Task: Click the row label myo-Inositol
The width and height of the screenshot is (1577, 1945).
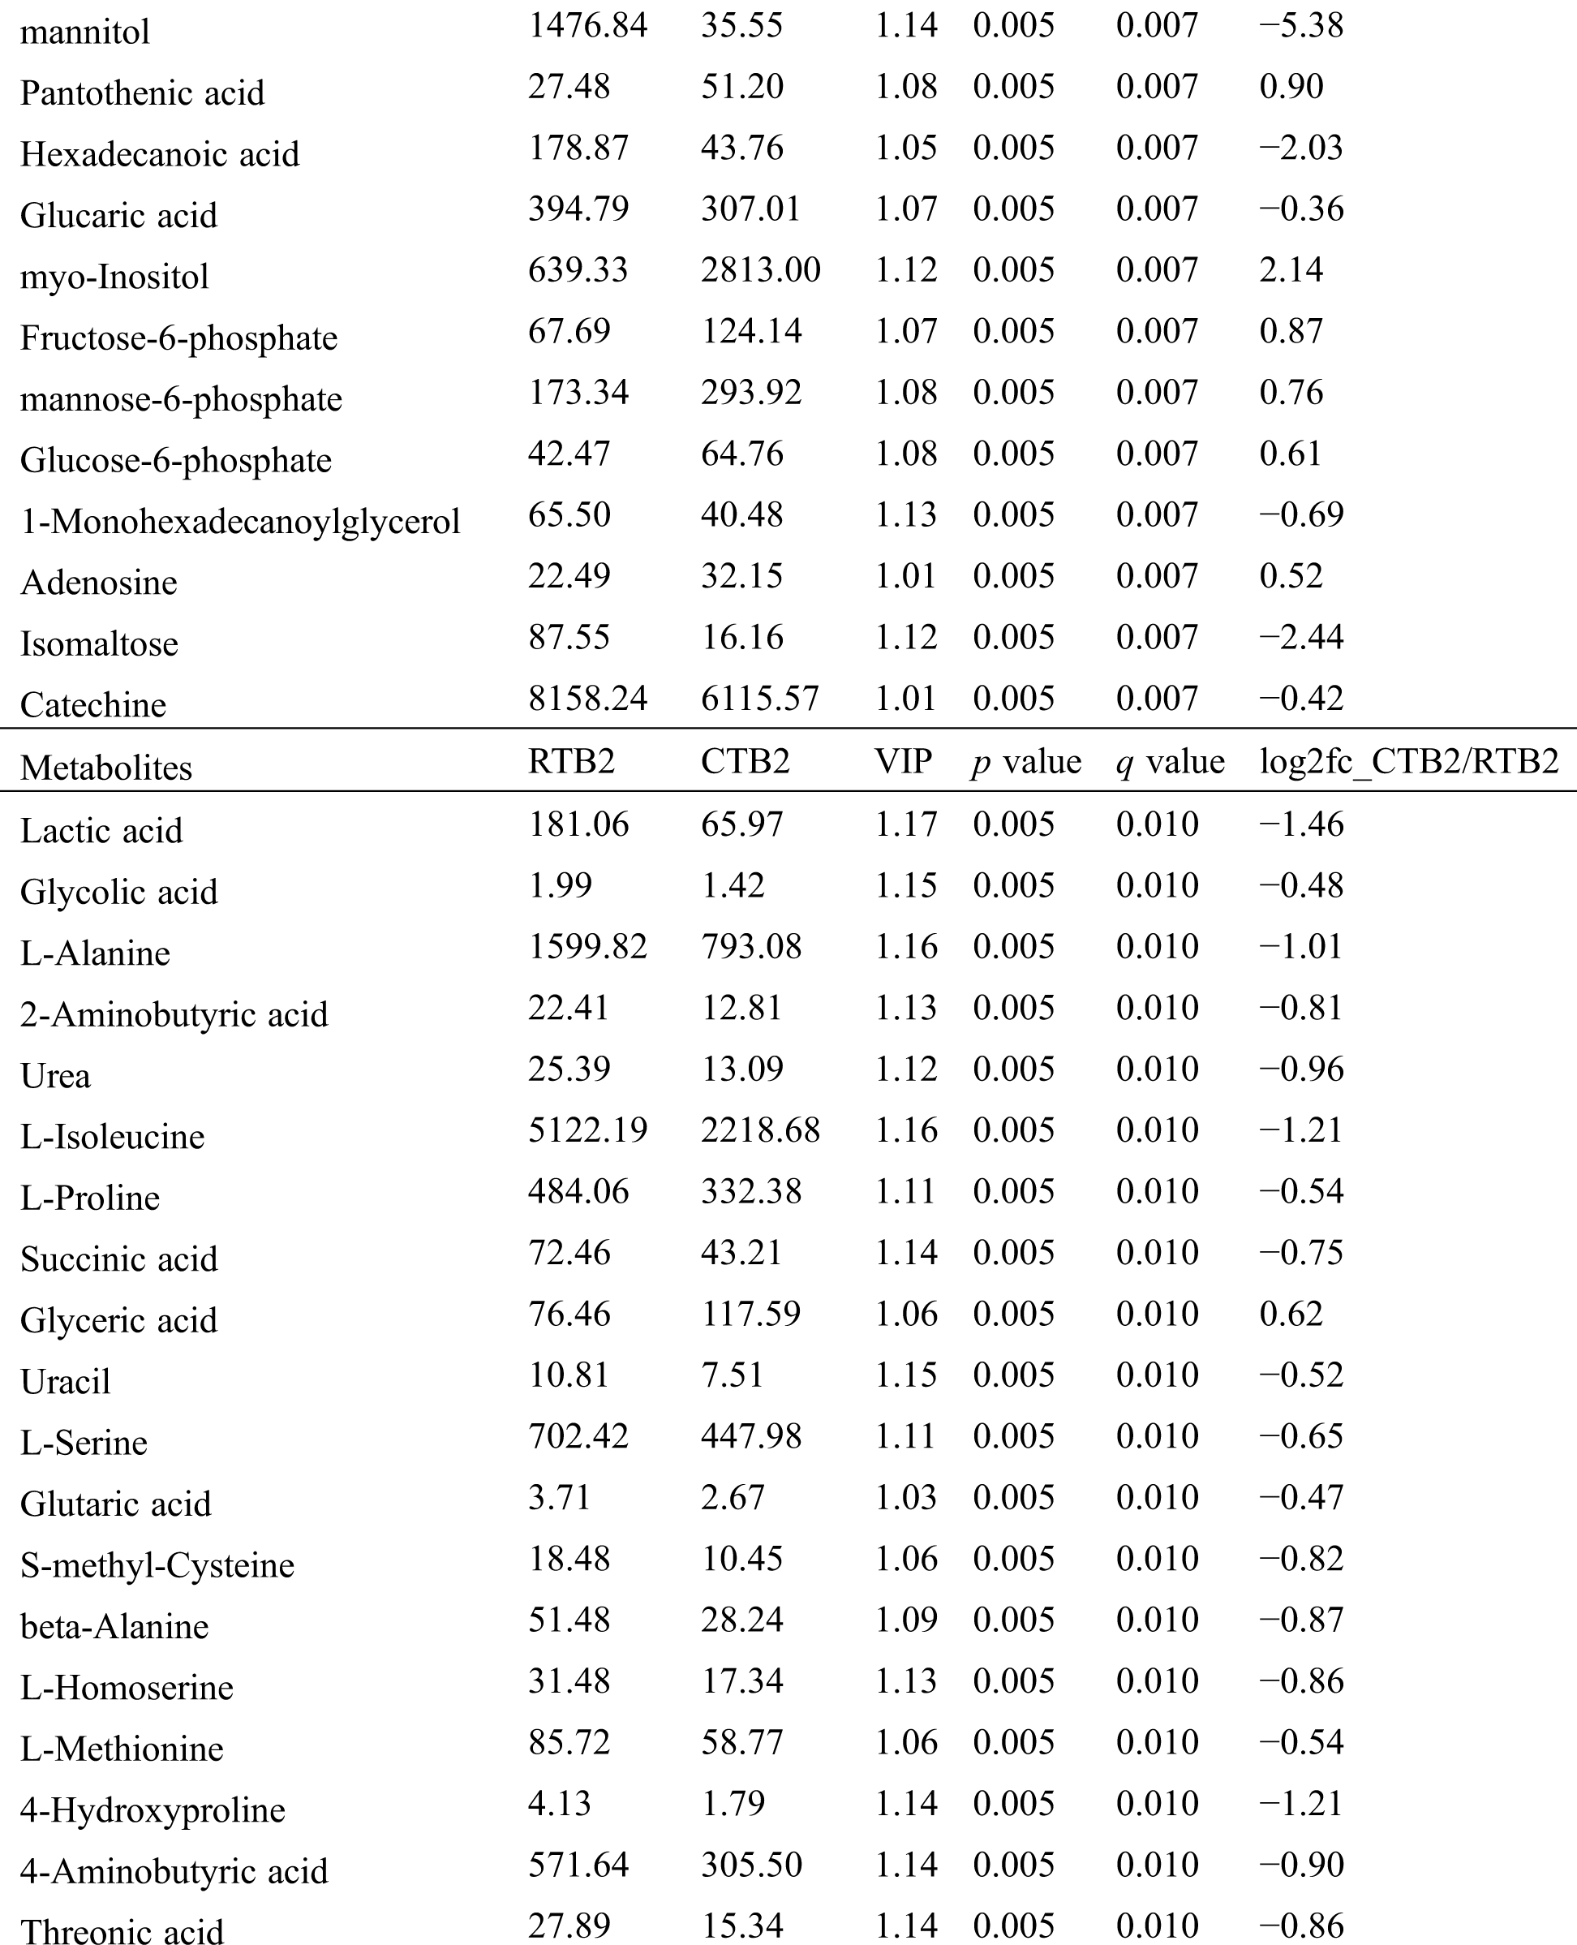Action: point(114,276)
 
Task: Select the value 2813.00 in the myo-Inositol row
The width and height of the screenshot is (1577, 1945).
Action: point(760,270)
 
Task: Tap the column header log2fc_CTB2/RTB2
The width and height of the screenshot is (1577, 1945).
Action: point(1408,761)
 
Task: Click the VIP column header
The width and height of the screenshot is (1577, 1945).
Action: point(903,761)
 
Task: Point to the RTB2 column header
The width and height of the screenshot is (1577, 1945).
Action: point(571,761)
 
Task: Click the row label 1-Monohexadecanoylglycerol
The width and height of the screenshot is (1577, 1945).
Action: point(240,522)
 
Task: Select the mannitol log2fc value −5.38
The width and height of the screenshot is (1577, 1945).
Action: point(1301,25)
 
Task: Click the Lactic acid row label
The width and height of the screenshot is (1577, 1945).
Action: point(101,830)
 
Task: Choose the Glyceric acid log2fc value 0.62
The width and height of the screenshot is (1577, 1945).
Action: point(1291,1314)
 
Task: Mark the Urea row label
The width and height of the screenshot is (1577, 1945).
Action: point(55,1076)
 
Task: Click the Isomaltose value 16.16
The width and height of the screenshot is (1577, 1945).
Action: point(741,637)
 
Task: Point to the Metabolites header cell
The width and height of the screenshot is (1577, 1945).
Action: point(106,768)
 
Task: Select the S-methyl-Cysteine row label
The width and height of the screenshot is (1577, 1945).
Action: point(157,1565)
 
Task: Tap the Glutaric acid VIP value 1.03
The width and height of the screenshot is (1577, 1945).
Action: point(905,1497)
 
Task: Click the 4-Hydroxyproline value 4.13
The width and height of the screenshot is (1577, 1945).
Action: point(559,1803)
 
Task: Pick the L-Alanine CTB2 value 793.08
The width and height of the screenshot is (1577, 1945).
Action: point(750,947)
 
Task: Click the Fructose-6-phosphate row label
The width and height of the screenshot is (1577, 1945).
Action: point(179,338)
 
